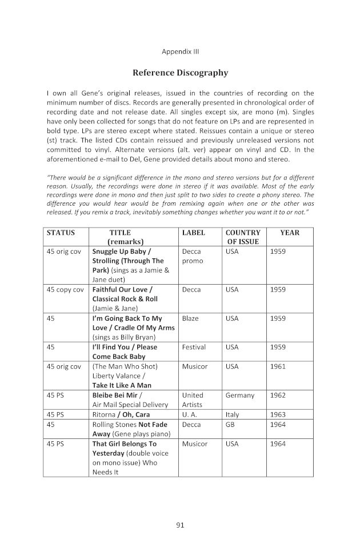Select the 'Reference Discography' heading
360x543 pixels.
180,73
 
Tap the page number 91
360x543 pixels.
180,524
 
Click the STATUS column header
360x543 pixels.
61,233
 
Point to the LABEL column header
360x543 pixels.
193,233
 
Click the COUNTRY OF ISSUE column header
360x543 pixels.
243,237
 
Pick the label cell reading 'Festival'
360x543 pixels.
194,347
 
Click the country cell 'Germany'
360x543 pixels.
240,395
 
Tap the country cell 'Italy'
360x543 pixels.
233,414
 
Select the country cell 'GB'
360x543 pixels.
231,425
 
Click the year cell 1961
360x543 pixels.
278,366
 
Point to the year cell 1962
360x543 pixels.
278,395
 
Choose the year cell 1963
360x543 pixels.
278,414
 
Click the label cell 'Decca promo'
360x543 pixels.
191,255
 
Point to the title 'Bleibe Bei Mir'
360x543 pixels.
117,395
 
